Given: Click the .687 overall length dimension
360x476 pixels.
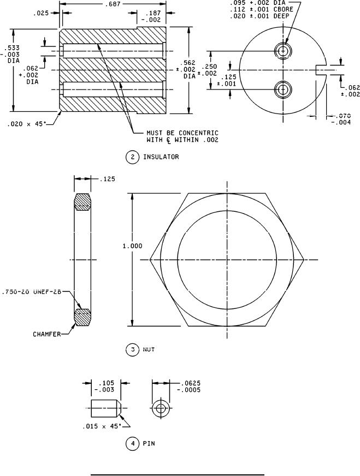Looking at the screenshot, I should pos(115,4).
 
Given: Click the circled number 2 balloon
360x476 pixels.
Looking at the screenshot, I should pos(132,157).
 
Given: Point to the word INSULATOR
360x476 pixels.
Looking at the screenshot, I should pos(161,157).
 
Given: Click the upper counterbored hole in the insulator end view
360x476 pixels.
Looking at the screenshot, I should pos(282,51).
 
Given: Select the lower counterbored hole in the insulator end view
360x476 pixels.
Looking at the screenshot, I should pos(282,89).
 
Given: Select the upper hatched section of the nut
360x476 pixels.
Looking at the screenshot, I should pos(83,202).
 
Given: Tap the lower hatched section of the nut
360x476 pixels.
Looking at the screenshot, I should pos(83,317).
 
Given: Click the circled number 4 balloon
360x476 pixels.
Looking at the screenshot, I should pos(132,443).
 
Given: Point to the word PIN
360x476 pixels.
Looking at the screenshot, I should pos(149,443).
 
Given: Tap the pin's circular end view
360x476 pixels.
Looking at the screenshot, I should pos(161,408).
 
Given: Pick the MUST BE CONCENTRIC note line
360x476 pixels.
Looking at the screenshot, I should pos(181,133).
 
